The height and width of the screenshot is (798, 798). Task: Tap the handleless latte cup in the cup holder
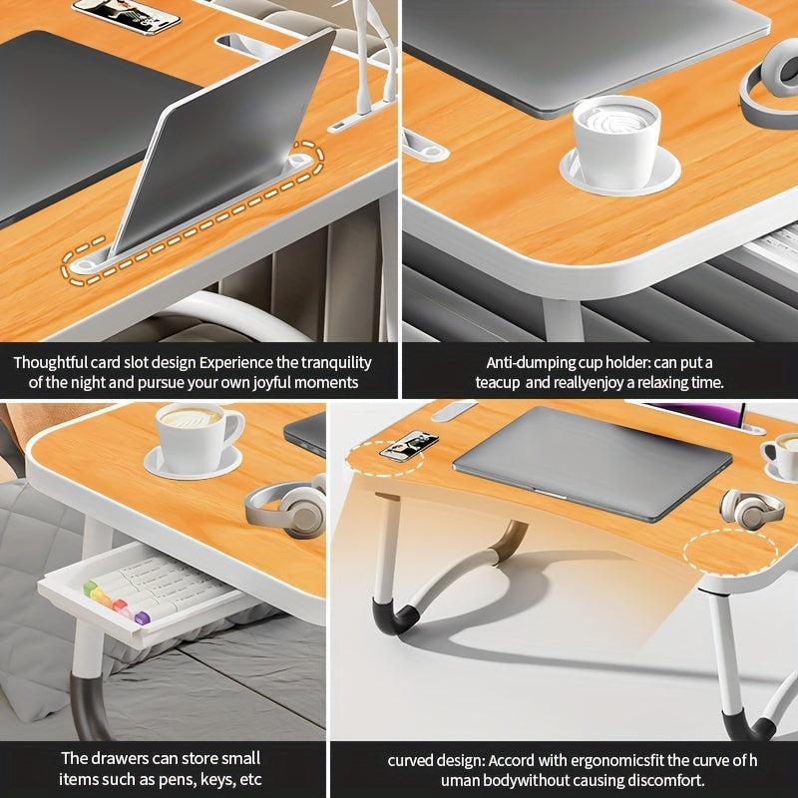[616, 140]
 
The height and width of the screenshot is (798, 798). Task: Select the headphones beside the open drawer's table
[286, 509]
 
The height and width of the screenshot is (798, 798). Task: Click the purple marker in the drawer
[142, 617]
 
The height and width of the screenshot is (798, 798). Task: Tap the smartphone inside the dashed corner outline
[409, 446]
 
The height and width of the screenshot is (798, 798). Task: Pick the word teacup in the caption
[497, 382]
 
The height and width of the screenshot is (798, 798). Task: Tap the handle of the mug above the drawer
[232, 427]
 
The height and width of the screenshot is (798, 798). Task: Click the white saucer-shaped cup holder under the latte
[619, 175]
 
